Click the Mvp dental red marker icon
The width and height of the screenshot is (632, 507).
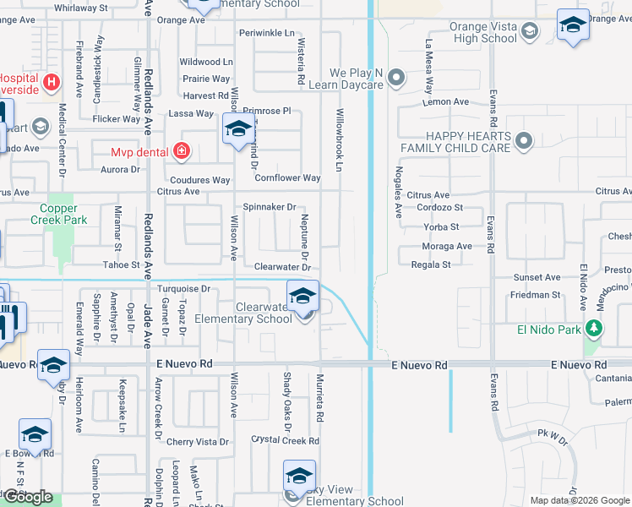coord(181,152)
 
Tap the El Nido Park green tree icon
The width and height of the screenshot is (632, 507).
coord(595,328)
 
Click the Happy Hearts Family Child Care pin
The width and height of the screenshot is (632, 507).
coord(523,141)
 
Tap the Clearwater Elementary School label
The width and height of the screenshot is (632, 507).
coord(243,313)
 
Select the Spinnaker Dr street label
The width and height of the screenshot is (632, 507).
coord(270,206)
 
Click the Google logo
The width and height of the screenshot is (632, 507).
coord(29,497)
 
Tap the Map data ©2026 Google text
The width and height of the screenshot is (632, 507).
coord(579,500)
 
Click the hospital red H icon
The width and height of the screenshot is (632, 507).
coord(51,82)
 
